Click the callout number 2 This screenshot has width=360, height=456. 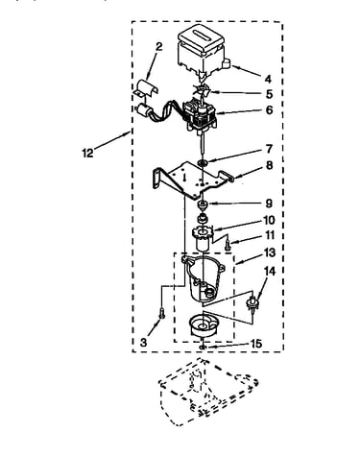click(x=158, y=47)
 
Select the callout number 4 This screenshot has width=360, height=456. click(x=268, y=79)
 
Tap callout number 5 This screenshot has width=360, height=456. click(x=269, y=94)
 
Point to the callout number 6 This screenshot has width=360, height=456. click(x=269, y=110)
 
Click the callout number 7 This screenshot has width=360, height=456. click(x=269, y=149)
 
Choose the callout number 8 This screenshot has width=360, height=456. click(x=269, y=165)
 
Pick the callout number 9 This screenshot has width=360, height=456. click(x=269, y=204)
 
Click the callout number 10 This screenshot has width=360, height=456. click(x=269, y=220)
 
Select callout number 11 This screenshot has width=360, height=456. click(x=270, y=235)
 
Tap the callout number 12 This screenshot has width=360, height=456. click(x=87, y=153)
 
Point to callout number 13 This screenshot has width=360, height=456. click(x=270, y=252)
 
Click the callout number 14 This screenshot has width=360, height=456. click(x=269, y=272)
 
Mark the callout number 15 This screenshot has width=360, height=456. click(x=256, y=344)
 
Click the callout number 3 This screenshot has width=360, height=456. click(x=143, y=343)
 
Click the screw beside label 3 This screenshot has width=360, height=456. click(x=162, y=312)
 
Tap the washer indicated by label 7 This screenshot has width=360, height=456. click(x=203, y=163)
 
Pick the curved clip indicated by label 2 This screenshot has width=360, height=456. click(x=146, y=87)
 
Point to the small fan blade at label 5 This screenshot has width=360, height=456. click(x=202, y=90)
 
